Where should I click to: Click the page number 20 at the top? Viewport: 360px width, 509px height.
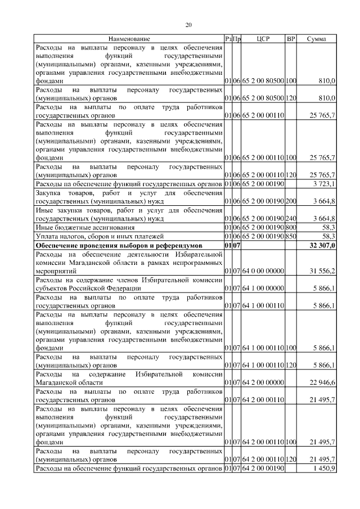[189, 24]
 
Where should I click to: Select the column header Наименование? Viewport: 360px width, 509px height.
[129, 39]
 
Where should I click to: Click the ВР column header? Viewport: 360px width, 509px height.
[291, 39]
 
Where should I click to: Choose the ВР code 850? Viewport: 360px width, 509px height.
[291, 236]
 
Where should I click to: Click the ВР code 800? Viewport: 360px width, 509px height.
[291, 227]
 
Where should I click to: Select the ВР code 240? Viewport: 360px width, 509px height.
[291, 218]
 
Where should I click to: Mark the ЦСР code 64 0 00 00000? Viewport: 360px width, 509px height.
[263, 271]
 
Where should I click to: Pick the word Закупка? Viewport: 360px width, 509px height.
[48, 193]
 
